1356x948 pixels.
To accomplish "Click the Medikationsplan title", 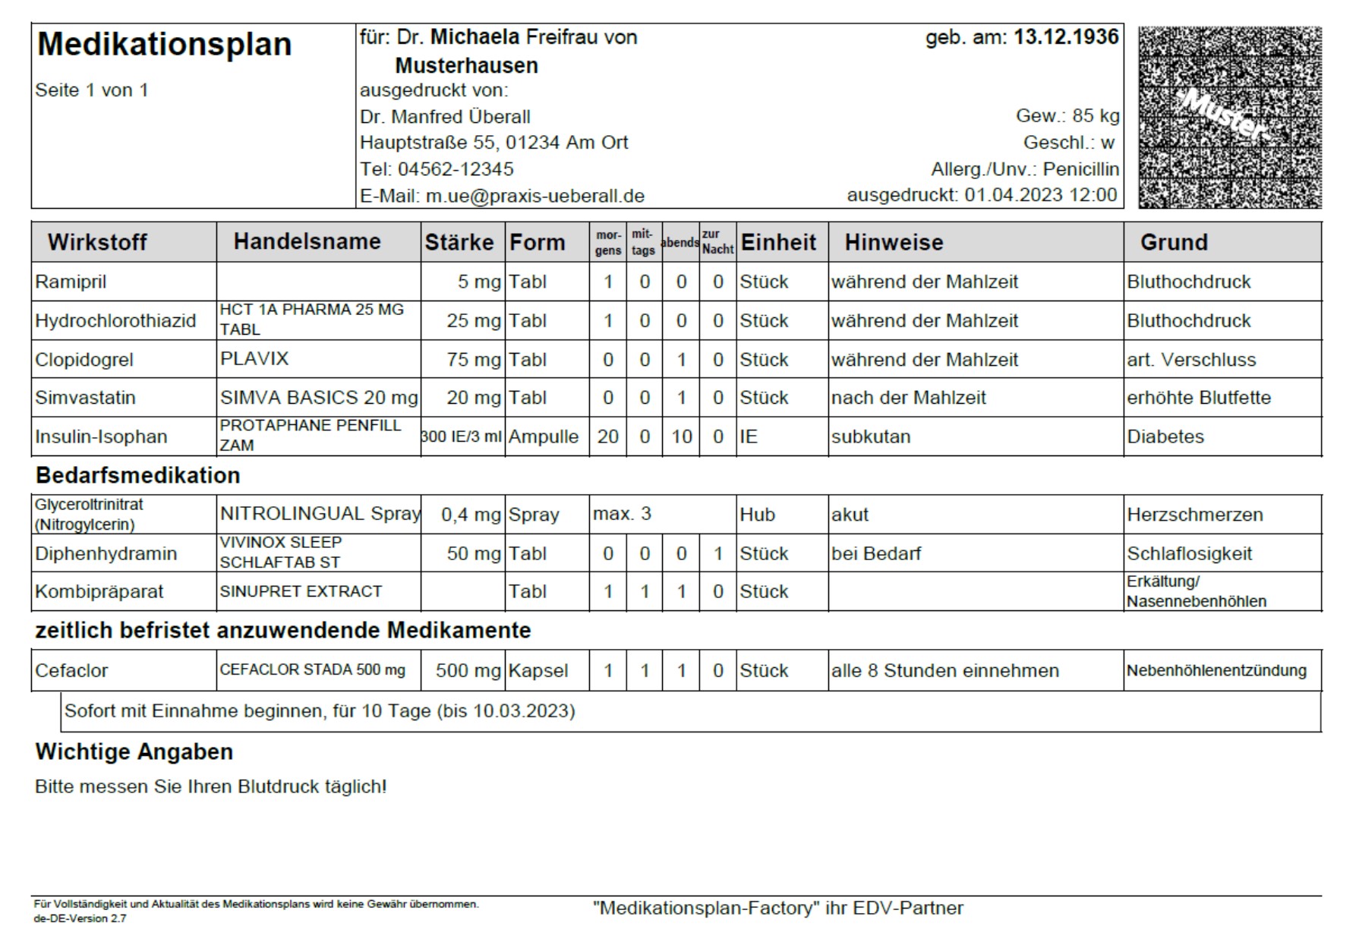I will (x=164, y=44).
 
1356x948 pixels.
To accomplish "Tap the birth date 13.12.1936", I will (x=1066, y=37).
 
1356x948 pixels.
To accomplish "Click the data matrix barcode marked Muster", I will (x=1229, y=117).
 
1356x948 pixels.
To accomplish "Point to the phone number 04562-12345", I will (x=455, y=168).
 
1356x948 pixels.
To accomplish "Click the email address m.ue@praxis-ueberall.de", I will (x=535, y=196).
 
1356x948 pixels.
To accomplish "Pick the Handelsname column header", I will (x=307, y=241).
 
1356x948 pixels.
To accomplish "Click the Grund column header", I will (x=1173, y=242).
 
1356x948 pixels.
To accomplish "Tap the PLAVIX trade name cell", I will (x=254, y=358).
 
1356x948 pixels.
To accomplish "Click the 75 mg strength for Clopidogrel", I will (x=473, y=359).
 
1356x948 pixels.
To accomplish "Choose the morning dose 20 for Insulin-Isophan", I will (x=607, y=436).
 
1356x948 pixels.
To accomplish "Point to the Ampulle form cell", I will (x=543, y=436).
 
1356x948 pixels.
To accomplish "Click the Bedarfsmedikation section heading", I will (x=137, y=475).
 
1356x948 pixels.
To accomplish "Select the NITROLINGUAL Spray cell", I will (x=319, y=514).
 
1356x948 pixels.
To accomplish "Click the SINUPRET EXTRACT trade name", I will (x=301, y=591).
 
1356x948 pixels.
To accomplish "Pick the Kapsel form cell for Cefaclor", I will (x=538, y=670).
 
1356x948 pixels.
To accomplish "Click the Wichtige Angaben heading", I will (x=134, y=751).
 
